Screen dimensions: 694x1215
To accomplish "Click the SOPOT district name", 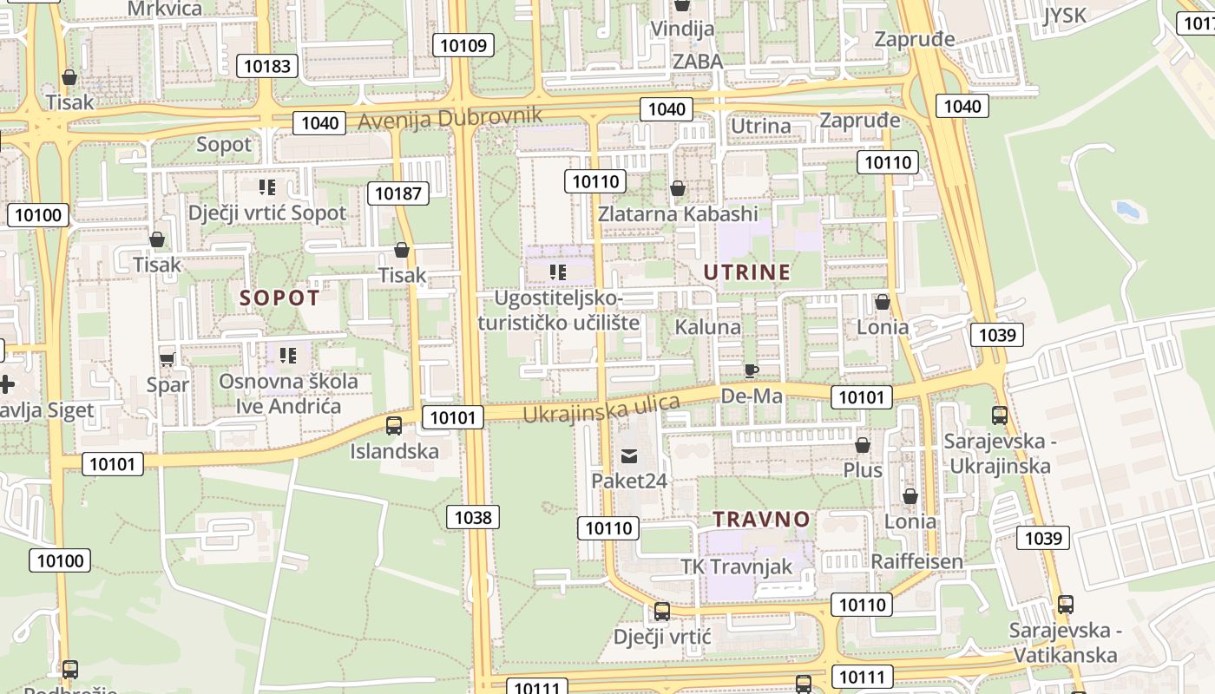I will tap(279, 298).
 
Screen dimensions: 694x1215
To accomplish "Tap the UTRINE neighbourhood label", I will tap(746, 272).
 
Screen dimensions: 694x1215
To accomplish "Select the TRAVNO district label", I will tap(761, 520).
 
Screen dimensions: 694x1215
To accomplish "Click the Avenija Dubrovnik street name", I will tap(450, 118).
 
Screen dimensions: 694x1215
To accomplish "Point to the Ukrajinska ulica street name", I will tap(601, 409).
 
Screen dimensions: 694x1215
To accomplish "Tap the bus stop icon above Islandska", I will tap(394, 425).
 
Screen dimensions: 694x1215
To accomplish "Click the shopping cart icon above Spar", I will tap(167, 358).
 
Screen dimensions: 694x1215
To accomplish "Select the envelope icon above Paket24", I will tap(629, 455).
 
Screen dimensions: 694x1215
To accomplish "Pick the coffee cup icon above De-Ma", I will tap(752, 371).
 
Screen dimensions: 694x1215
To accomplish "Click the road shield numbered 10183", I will tap(269, 66).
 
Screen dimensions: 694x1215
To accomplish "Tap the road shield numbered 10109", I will tap(464, 45).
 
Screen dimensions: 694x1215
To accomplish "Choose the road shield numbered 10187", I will tap(398, 193).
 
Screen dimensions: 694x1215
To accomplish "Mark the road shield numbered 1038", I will tap(473, 518).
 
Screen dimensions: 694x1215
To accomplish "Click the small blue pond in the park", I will tap(1126, 209).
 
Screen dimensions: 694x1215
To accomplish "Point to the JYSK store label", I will tap(1065, 15).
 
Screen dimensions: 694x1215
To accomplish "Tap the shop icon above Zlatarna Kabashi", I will tap(678, 188).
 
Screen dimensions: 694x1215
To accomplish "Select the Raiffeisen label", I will tap(916, 561).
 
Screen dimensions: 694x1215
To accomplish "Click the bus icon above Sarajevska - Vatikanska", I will tap(1065, 605).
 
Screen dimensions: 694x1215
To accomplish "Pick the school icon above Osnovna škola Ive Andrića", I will tap(288, 355).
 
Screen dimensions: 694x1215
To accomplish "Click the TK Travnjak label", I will tap(736, 566).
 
